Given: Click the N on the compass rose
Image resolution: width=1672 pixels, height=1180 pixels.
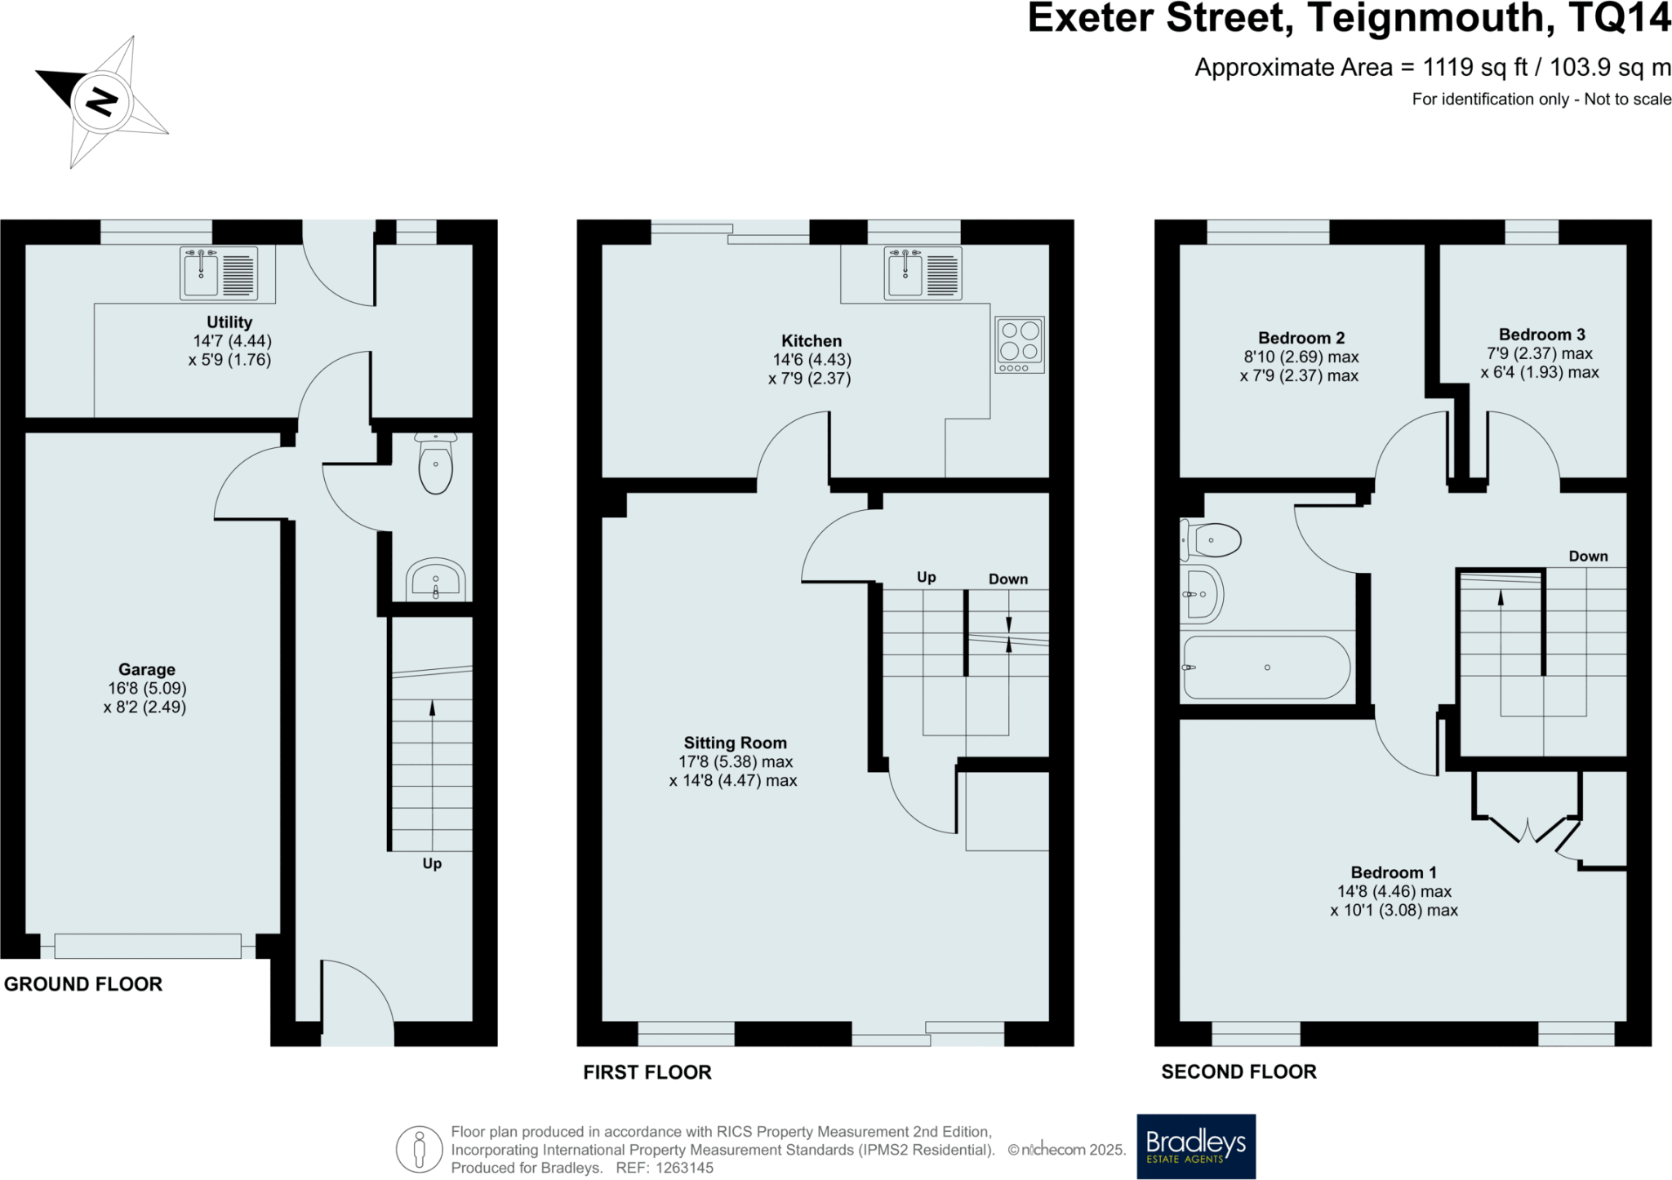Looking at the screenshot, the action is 102,102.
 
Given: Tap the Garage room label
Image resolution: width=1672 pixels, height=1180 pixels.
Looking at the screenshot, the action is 147,670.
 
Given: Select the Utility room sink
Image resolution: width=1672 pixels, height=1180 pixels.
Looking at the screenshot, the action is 219,273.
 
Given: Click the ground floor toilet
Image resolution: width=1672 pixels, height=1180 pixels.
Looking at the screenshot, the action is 435,464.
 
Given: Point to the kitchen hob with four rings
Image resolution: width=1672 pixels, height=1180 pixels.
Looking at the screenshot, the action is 1020,345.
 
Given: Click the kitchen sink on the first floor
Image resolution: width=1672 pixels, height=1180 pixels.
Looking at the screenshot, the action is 923,273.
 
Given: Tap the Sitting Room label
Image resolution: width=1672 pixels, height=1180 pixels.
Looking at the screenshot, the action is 736,743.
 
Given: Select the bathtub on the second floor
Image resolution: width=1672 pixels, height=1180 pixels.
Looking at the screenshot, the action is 1266,668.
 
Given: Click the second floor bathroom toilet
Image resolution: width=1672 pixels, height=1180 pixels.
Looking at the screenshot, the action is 1211,540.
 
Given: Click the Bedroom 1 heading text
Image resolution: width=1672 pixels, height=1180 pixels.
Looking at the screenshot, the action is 1394,872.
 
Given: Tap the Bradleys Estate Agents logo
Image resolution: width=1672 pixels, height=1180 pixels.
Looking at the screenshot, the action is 1196,1147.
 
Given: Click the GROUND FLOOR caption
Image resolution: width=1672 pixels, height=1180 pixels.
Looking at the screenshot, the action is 83,984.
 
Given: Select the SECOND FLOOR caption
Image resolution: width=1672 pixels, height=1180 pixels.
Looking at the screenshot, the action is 1239,1071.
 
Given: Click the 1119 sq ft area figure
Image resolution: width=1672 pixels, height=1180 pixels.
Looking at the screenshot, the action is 1475,67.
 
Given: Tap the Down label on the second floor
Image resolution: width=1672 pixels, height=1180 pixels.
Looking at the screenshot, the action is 1589,557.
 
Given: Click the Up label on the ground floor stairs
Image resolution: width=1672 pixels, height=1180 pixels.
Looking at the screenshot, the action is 432,863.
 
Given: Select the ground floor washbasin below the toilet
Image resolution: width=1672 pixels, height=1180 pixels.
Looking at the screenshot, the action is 435,579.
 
